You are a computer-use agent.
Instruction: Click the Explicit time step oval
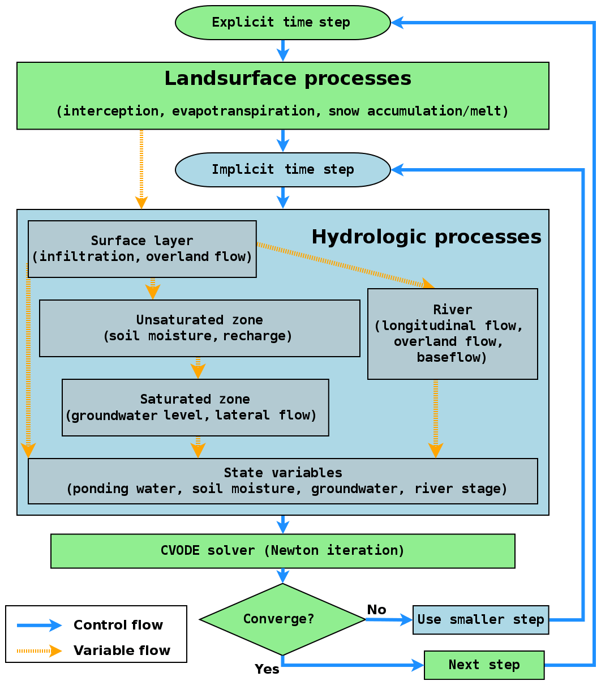(282, 23)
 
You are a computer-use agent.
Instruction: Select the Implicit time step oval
(282, 169)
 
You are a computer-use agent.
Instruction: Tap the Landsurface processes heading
(287, 79)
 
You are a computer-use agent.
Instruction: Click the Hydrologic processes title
(426, 237)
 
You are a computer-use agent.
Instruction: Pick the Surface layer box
(142, 249)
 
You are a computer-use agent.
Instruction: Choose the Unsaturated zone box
(199, 328)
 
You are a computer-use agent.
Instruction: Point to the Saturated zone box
(195, 408)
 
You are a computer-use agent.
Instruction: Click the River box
(452, 334)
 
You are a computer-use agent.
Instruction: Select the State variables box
(282, 481)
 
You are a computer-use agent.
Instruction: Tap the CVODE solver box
(282, 551)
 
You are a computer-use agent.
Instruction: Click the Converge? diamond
(282, 619)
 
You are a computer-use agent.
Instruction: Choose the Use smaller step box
(480, 620)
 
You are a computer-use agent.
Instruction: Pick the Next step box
(484, 665)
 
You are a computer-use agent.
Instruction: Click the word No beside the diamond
(376, 610)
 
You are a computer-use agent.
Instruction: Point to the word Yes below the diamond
(267, 669)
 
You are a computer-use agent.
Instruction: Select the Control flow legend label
(118, 626)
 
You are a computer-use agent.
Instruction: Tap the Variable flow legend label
(122, 651)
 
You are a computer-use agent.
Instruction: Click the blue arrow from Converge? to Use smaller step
(389, 620)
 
